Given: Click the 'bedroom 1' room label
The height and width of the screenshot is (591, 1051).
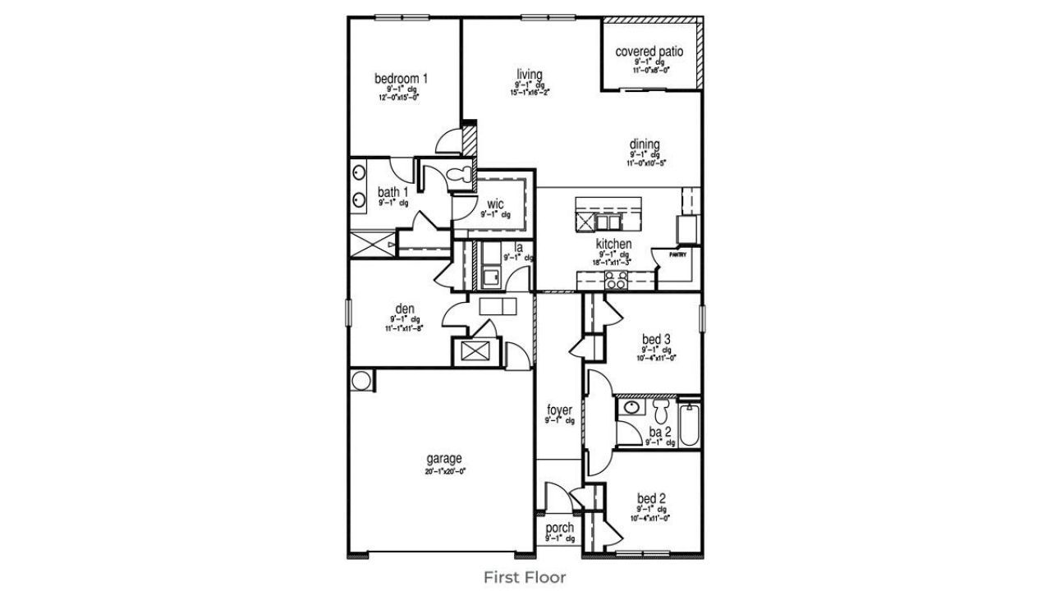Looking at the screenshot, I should [401, 79].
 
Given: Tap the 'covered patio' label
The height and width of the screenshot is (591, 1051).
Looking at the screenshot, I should [649, 52].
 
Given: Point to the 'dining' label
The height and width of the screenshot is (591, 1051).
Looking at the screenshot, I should [645, 145].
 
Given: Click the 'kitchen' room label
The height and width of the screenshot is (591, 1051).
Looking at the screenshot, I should [613, 244].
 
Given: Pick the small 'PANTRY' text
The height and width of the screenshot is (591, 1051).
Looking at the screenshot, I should [677, 255].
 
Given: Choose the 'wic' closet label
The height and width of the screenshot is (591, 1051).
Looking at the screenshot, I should [495, 204].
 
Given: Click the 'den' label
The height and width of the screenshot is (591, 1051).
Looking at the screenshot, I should [404, 309].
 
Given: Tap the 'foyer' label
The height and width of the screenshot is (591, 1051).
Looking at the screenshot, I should [559, 410].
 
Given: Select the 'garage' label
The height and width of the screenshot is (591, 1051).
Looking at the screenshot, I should [443, 458].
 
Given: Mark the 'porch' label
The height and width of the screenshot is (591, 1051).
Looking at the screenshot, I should [559, 528].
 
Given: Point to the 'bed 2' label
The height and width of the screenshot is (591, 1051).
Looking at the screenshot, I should [650, 498].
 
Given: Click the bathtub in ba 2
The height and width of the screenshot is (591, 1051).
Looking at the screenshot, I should [690, 424].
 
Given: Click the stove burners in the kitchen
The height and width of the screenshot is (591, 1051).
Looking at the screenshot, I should [616, 281].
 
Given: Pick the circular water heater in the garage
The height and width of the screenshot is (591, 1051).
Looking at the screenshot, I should [360, 380].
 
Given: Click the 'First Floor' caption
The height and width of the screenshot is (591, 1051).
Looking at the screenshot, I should [524, 577].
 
